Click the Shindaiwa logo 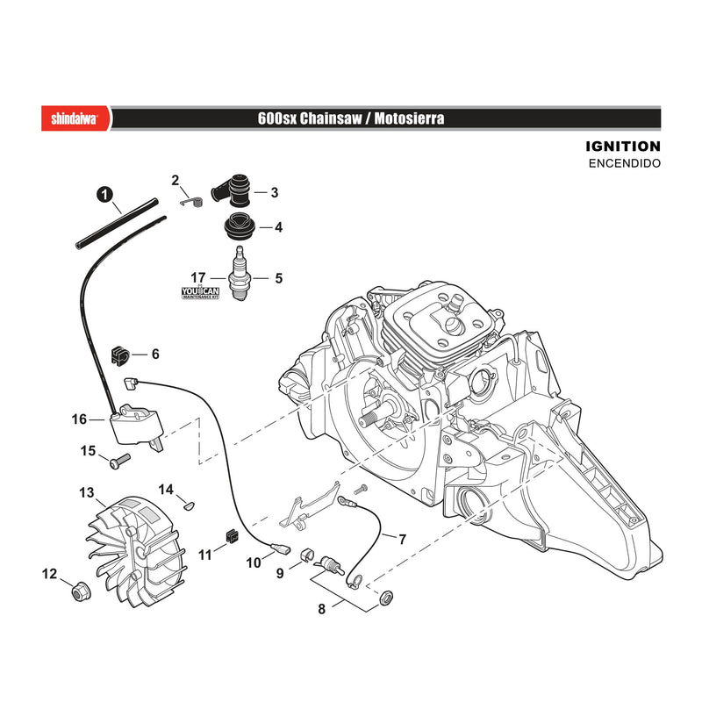(x=75, y=118)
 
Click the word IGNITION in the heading (x=623, y=147)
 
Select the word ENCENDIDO (x=625, y=163)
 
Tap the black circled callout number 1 (x=104, y=195)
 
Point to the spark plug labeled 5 (x=240, y=274)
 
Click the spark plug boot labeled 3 (x=232, y=190)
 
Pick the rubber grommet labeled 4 (x=240, y=227)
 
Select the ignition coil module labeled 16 (x=136, y=424)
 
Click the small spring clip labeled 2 (x=191, y=202)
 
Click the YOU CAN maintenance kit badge (x=200, y=293)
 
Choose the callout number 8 (x=321, y=609)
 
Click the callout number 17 (x=198, y=278)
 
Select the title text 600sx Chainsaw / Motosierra (x=351, y=118)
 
